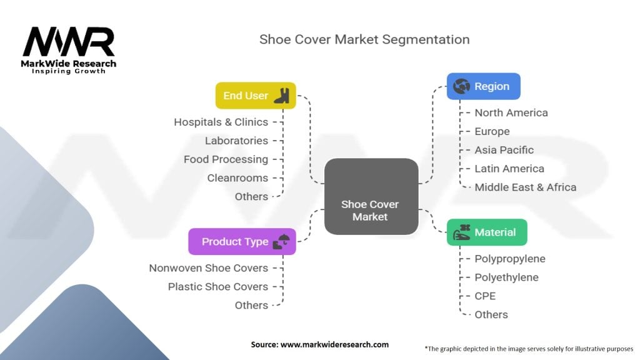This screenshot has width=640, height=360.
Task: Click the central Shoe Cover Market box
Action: coord(371,196)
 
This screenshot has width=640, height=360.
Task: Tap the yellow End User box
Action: coord(255,96)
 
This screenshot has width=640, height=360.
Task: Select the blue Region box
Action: coord(483,86)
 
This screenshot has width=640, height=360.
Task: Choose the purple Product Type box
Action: coord(242,241)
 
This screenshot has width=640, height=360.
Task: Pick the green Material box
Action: coord(487,232)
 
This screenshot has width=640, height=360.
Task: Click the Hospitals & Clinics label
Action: coord(221,122)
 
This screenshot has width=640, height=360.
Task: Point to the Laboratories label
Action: coord(236,141)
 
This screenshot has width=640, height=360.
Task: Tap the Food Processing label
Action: coord(226,159)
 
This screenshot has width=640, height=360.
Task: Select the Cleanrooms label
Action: coord(237,177)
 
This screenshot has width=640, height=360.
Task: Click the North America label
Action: coord(511,112)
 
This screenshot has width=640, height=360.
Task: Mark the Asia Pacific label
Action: coord(504,150)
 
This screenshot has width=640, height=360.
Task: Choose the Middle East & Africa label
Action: coord(525,187)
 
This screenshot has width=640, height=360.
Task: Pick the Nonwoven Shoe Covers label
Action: coord(208,267)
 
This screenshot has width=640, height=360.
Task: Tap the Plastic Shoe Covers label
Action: coord(217,286)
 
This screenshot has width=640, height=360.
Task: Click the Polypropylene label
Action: coord(510,259)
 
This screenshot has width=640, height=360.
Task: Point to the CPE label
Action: coord(485,296)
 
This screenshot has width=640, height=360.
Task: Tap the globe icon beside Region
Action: coord(461,86)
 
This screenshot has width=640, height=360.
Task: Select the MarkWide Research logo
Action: coord(69,50)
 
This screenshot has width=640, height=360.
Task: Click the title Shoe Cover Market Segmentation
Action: coord(364,39)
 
